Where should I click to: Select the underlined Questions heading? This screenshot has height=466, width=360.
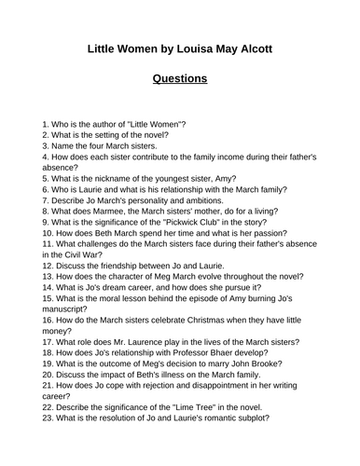pos(179,78)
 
